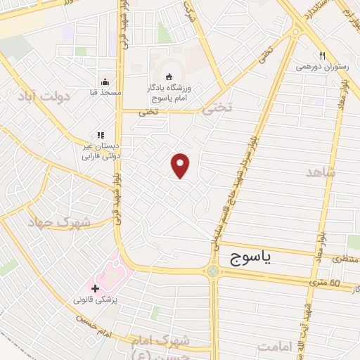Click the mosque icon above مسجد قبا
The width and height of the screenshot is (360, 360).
(x=104, y=82)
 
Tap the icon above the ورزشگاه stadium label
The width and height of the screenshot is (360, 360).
(x=168, y=77)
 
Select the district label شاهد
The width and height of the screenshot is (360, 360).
(x=321, y=172)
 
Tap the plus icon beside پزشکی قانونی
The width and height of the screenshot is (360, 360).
(x=94, y=288)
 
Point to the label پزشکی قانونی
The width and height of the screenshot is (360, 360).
(x=98, y=300)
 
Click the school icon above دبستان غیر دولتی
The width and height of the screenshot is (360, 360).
(x=101, y=135)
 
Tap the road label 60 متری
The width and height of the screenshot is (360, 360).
(x=325, y=283)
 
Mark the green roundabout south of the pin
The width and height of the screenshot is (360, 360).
(x=213, y=271)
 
